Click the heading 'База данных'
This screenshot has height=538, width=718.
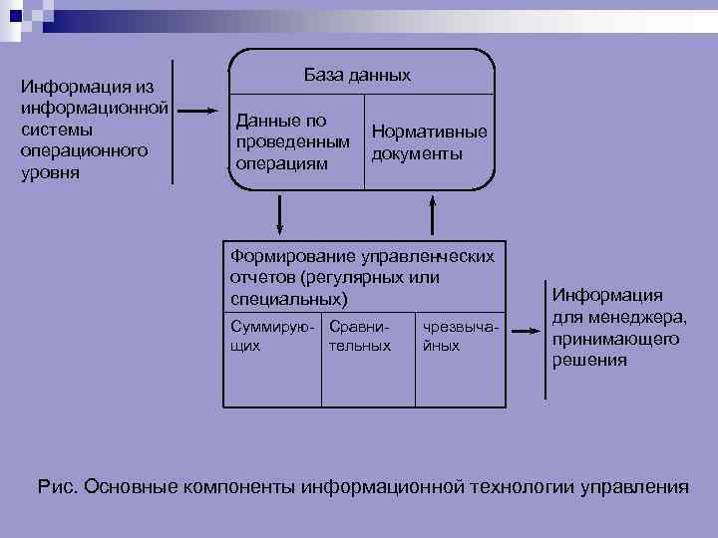point(356,76)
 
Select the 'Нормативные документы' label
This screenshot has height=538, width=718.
point(429,142)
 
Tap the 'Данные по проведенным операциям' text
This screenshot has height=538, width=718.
point(292,141)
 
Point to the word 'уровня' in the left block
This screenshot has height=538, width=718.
point(50,172)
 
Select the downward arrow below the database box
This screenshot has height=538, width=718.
point(280,212)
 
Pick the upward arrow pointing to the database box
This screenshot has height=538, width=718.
point(433,212)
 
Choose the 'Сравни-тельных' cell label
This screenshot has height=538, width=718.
point(359,336)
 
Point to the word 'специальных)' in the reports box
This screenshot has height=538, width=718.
point(289,299)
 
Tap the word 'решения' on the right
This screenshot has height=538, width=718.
point(590,361)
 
